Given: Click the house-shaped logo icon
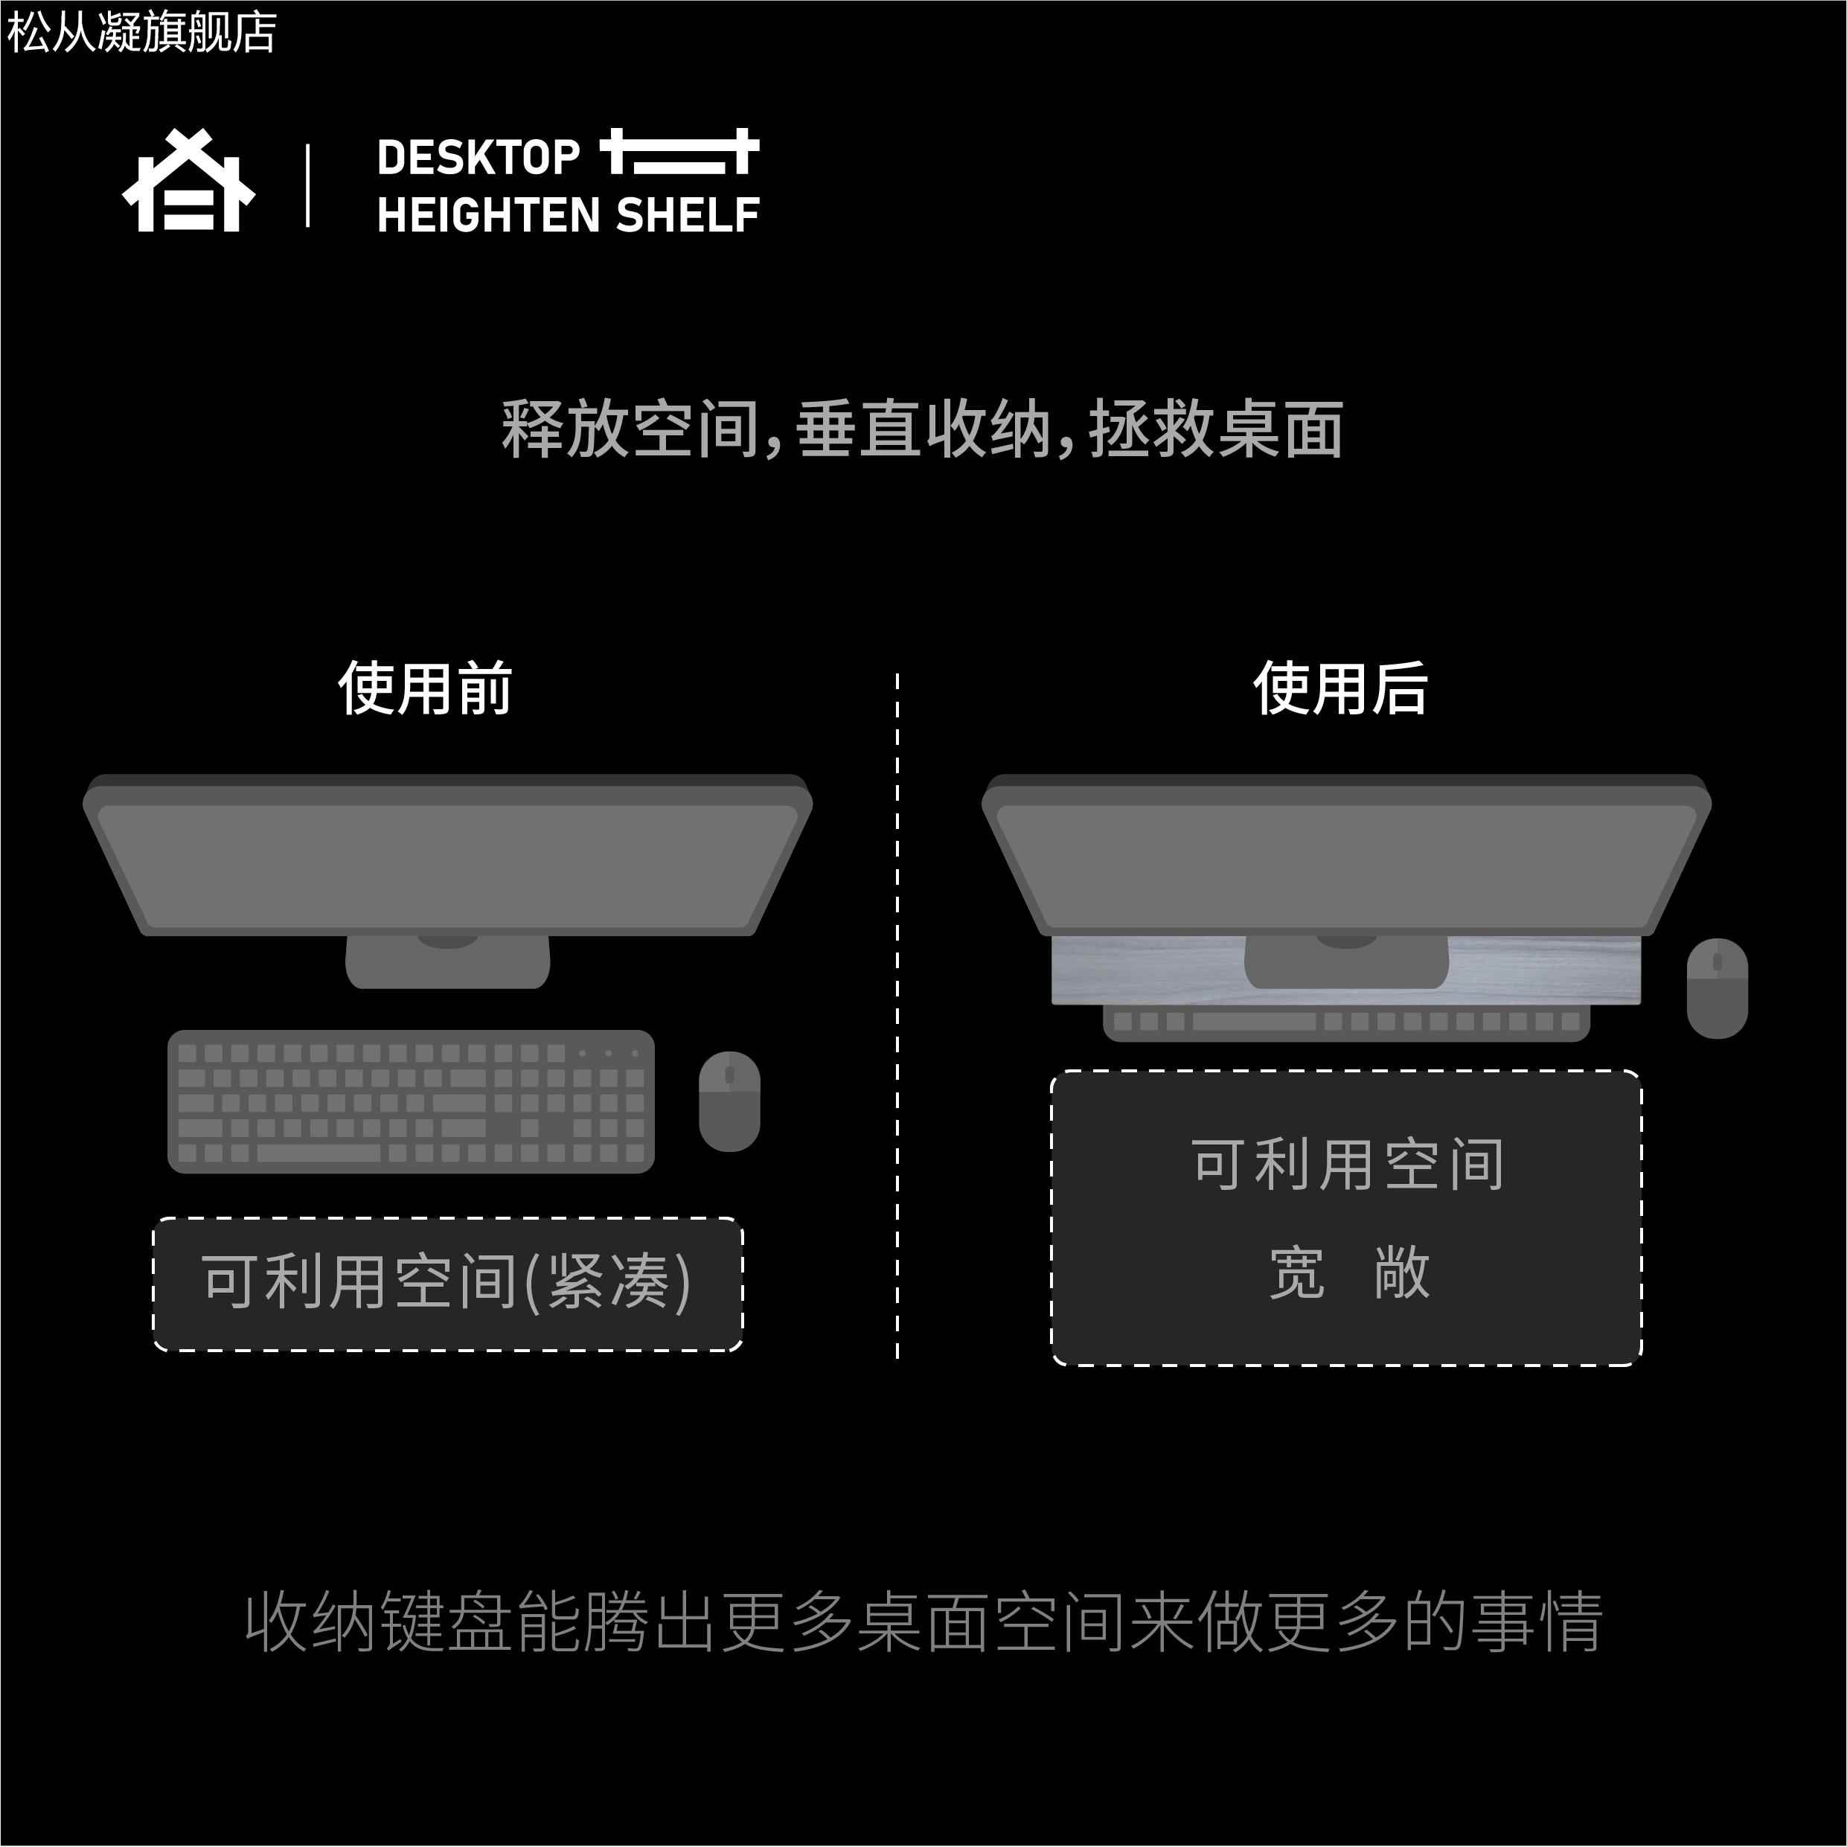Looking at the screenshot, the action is click(188, 182).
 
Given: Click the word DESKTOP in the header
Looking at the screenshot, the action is click(478, 158).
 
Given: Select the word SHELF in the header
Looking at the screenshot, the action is click(688, 215).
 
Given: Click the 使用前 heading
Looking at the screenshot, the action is click(426, 688).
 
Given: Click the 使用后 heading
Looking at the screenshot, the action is click(1340, 688).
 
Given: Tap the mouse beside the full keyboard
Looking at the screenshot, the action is click(729, 1101).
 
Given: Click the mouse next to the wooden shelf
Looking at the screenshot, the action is click(1717, 988).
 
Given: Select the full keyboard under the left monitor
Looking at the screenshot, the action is click(411, 1101).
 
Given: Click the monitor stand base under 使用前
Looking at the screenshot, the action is click(447, 961).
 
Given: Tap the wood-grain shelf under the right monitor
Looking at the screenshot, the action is click(1147, 971).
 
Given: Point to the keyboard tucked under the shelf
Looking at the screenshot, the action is click(1346, 1023).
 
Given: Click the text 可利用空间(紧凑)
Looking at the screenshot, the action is click(446, 1282).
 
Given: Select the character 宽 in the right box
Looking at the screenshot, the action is click(1297, 1273).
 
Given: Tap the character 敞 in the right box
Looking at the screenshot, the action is click(1401, 1273).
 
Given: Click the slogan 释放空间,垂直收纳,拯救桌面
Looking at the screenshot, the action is click(923, 429).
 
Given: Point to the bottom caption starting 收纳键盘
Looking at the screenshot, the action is click(923, 1622).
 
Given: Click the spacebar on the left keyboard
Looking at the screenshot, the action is click(318, 1153).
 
